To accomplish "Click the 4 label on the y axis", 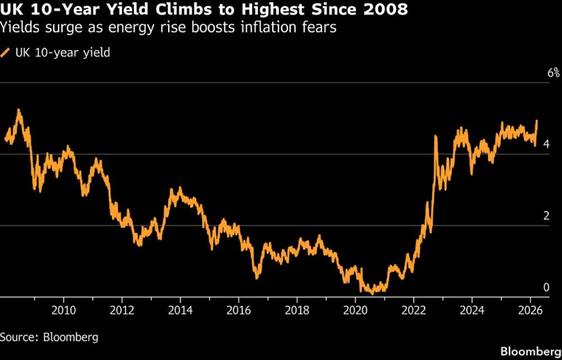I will pyautogui.click(x=546, y=145).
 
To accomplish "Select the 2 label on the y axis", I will pyautogui.click(x=546, y=216).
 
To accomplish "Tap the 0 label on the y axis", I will pyautogui.click(x=546, y=287).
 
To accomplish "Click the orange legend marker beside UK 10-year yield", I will pyautogui.click(x=6, y=53).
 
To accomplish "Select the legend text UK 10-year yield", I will pyautogui.click(x=63, y=52).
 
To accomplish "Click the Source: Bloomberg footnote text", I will pyautogui.click(x=49, y=337).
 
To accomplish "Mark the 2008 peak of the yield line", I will pyautogui.click(x=18, y=110).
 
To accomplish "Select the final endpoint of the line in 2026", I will pyautogui.click(x=537, y=121).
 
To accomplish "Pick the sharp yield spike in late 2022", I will pyautogui.click(x=436, y=136).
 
